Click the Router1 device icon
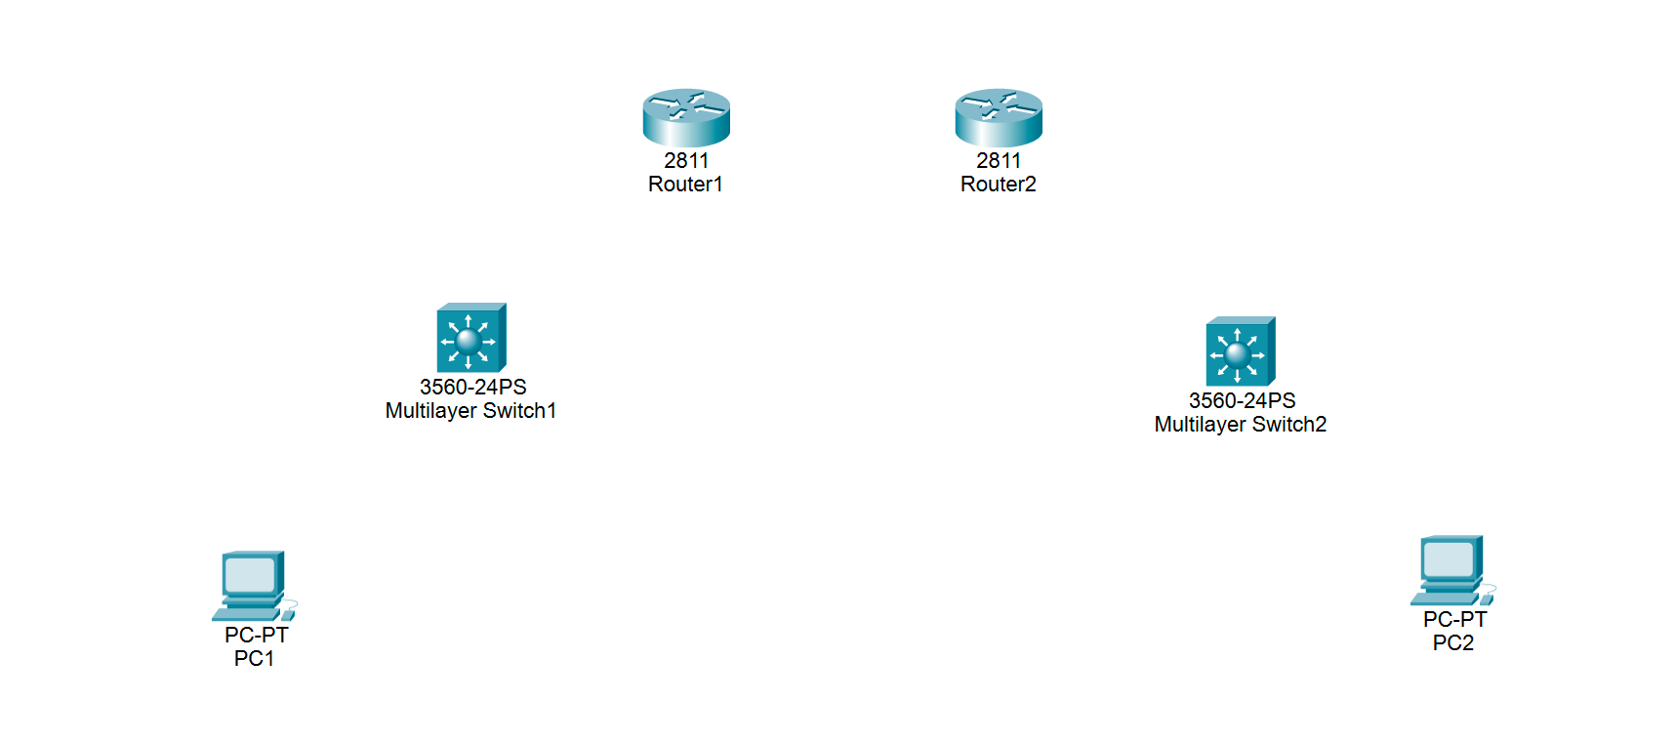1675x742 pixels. pyautogui.click(x=686, y=117)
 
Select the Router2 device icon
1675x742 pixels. pyautogui.click(x=999, y=117)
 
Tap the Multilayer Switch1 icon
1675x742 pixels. pyautogui.click(x=470, y=338)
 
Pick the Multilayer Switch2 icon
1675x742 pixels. pyautogui.click(x=1240, y=351)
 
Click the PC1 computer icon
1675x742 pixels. pyautogui.click(x=253, y=586)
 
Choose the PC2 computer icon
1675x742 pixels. pyautogui.click(x=1451, y=570)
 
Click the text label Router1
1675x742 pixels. pyautogui.click(x=685, y=185)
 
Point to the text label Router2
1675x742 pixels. pyautogui.click(x=998, y=185)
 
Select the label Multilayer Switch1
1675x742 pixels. pyautogui.click(x=470, y=411)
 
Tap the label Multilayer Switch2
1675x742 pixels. pyautogui.click(x=1240, y=425)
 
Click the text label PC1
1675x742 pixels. pyautogui.click(x=254, y=659)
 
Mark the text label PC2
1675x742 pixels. pyautogui.click(x=1452, y=643)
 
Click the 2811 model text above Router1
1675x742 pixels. pyautogui.click(x=686, y=161)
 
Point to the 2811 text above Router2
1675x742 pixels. pyautogui.click(x=999, y=161)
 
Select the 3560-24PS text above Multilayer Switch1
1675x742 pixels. pyautogui.click(x=472, y=388)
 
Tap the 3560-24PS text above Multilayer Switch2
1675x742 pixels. pyautogui.click(x=1242, y=401)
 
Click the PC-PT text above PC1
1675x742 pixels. pyautogui.click(x=256, y=636)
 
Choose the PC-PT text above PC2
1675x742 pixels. pyautogui.click(x=1454, y=620)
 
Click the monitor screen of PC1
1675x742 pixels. pyautogui.click(x=250, y=575)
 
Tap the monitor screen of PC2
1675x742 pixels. pyautogui.click(x=1448, y=559)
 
